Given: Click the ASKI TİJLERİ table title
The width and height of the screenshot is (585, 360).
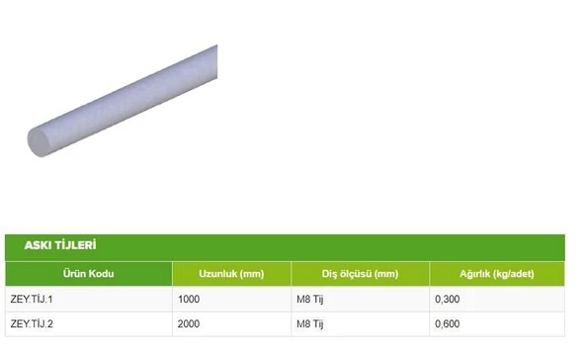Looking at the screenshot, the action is (60, 245).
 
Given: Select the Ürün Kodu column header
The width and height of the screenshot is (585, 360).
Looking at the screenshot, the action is (88, 273).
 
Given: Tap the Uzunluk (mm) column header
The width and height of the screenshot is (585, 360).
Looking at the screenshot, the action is (231, 274).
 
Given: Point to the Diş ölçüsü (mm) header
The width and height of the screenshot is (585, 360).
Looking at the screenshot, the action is (360, 274).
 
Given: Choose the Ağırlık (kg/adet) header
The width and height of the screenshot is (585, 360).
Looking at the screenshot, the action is (497, 274).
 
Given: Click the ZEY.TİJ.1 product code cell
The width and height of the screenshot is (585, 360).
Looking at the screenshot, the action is (32, 299).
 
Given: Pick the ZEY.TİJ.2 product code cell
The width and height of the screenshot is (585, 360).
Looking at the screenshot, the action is (32, 323).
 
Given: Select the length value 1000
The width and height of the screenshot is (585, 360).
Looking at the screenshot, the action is (189, 299).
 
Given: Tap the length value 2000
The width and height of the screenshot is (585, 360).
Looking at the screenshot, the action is (189, 323).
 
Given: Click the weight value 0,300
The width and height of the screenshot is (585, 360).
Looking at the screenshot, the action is (448, 299).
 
